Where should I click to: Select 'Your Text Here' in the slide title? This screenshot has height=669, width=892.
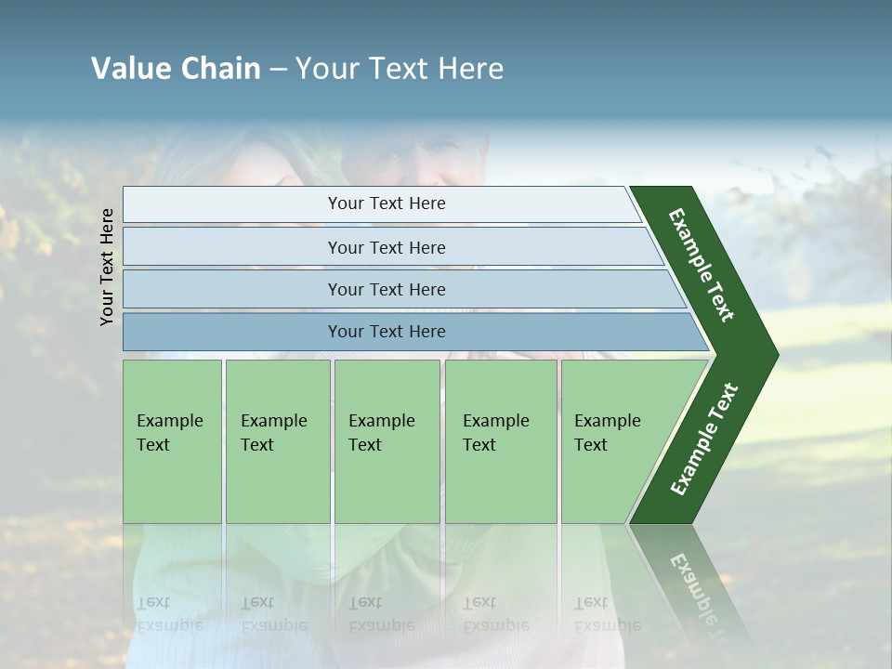click(x=400, y=69)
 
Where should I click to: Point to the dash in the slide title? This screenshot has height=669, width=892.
click(x=278, y=70)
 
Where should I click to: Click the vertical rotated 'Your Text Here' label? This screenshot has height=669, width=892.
click(x=107, y=267)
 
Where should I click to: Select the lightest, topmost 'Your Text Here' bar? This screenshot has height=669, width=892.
click(x=386, y=203)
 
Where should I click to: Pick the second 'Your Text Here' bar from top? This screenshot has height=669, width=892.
click(x=386, y=247)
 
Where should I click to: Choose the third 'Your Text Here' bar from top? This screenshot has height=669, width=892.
click(x=386, y=289)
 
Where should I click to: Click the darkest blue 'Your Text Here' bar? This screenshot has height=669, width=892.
click(x=386, y=332)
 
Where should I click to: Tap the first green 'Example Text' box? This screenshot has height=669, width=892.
click(x=172, y=441)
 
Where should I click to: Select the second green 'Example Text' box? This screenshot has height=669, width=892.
click(x=277, y=441)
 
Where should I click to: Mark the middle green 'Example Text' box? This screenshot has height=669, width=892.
click(x=387, y=441)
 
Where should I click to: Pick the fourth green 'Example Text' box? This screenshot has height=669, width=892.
click(x=501, y=441)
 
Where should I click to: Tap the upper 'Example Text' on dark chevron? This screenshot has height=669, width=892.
click(x=702, y=265)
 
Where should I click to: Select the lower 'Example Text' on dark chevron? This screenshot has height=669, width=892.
click(x=704, y=439)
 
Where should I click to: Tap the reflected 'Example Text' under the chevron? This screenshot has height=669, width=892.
click(x=702, y=595)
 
